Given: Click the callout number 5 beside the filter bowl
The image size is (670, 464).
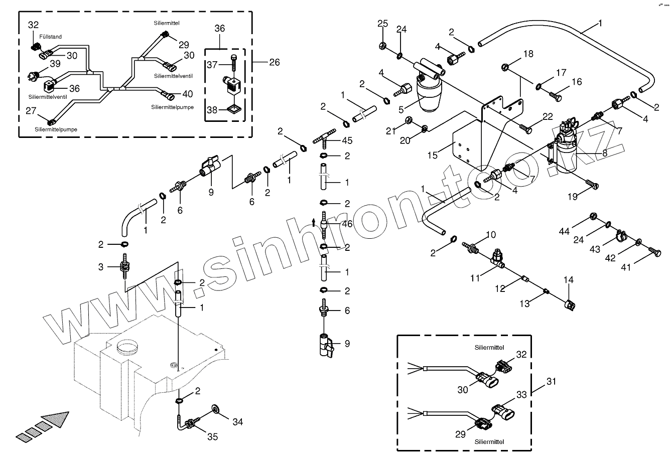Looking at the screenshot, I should (x=401, y=108).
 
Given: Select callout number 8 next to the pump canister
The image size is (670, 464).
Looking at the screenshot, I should (x=605, y=153).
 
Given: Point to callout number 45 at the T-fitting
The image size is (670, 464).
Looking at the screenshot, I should (x=347, y=141).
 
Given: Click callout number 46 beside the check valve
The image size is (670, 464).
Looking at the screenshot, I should (x=347, y=224).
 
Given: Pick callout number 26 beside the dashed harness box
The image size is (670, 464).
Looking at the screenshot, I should (x=274, y=62).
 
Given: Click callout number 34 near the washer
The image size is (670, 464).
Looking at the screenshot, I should (x=237, y=422).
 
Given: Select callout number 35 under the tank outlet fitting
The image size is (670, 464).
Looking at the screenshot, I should (x=213, y=436).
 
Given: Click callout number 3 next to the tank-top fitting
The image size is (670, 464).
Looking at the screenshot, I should (x=101, y=267).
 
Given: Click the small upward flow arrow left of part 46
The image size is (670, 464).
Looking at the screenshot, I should (x=313, y=222).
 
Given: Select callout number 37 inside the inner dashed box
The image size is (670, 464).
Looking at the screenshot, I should (x=212, y=64).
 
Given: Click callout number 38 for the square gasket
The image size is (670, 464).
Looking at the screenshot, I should (x=212, y=110).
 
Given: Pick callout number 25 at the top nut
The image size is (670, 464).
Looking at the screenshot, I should (x=382, y=24).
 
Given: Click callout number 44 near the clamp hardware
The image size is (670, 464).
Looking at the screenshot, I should (x=565, y=231).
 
